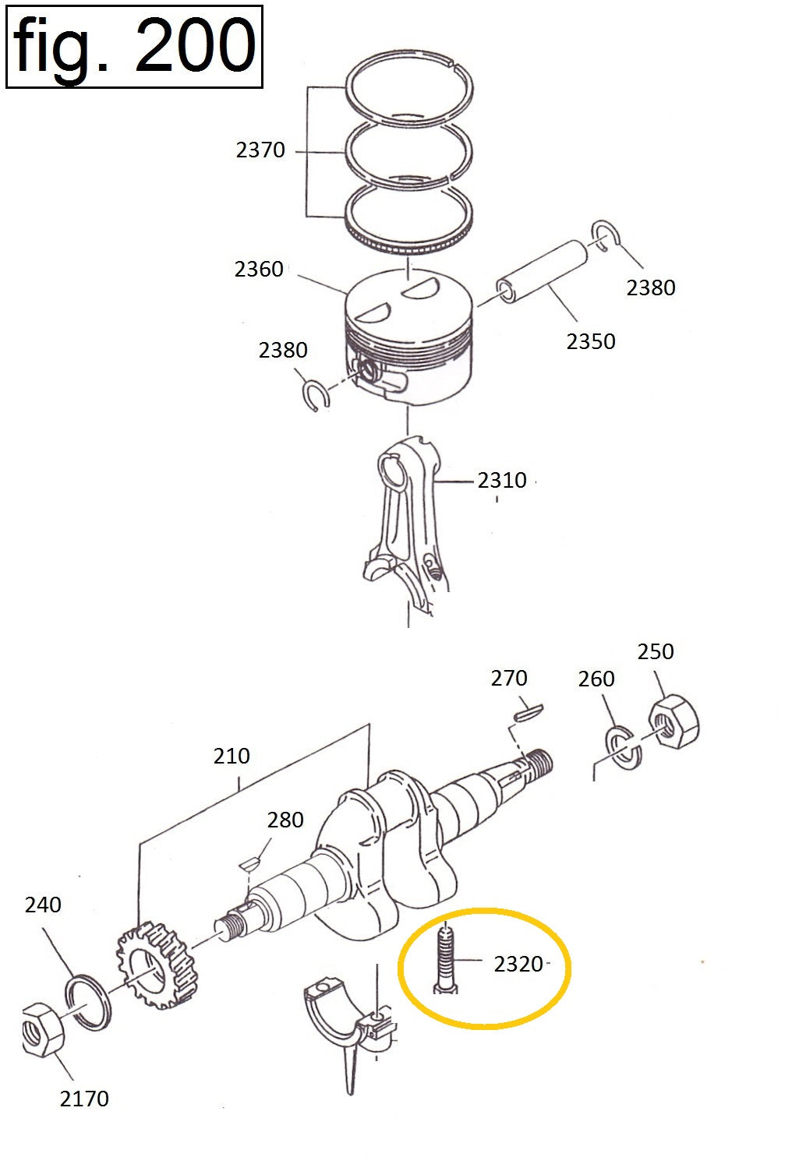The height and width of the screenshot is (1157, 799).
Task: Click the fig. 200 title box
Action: [x=134, y=47]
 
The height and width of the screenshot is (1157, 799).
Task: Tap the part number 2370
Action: [x=260, y=150]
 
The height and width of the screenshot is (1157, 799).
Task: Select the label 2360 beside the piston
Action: [x=259, y=269]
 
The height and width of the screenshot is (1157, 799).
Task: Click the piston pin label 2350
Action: [x=590, y=341]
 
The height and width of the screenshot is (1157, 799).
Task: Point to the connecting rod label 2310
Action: [x=501, y=481]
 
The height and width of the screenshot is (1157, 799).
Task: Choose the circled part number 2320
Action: [x=518, y=965]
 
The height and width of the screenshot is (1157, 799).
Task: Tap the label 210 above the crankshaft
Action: [x=231, y=757]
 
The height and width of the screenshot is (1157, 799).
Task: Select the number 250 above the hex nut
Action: [x=655, y=652]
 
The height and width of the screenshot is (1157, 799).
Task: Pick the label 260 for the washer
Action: [x=596, y=679]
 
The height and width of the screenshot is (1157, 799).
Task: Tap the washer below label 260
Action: [x=624, y=748]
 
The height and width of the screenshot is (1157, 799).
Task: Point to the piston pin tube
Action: [x=542, y=272]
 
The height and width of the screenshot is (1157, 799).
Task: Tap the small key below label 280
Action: [x=249, y=862]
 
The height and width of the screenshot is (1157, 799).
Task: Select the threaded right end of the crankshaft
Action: [x=539, y=763]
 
